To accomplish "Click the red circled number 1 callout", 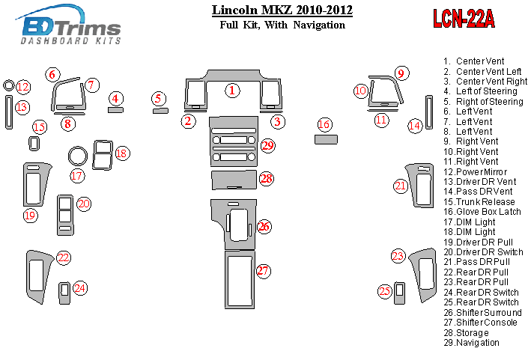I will pos(233,91).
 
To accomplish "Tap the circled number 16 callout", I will pos(324,124).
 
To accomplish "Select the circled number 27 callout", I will pos(263,271).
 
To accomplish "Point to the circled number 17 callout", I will pos(77,176).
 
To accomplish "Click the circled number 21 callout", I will pos(401,186).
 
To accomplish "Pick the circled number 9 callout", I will pos(401,73).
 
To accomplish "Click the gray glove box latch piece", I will pos(325,139).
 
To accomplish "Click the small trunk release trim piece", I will pos(34,143).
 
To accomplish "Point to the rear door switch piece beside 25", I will pos(399,290).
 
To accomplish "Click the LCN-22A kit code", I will pos(464,19).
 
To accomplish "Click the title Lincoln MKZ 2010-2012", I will pos(282,10).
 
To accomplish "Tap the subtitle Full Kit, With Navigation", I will pos(282,25).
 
